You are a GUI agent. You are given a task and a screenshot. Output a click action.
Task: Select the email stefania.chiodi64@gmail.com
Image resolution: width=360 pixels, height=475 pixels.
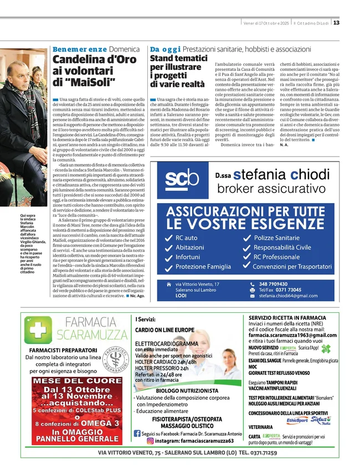(x=288, y=296)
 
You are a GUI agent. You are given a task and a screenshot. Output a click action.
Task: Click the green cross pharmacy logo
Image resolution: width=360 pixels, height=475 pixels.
(x=38, y=331)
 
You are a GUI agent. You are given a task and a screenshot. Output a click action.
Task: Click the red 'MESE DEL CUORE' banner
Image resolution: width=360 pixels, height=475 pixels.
(x=77, y=381)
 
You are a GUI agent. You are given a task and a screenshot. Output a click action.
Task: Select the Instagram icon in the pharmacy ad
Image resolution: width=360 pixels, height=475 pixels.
(x=150, y=441)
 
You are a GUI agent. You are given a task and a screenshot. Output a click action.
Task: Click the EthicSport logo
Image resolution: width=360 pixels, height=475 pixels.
(x=297, y=421)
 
